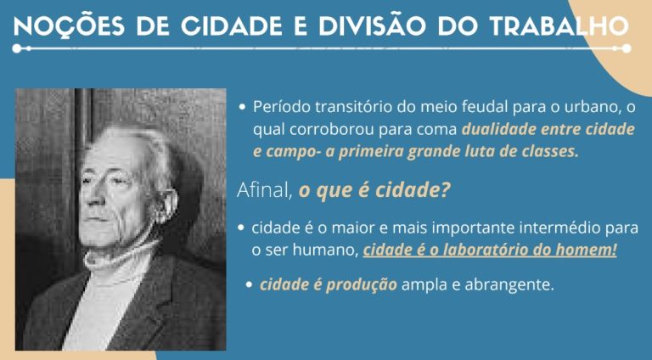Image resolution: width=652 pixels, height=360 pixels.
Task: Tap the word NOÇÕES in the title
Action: [69, 26]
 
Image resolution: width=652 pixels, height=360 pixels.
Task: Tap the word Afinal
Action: [265, 190]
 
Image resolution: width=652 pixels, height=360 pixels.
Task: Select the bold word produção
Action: [362, 284]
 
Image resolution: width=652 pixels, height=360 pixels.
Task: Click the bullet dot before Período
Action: [243, 107]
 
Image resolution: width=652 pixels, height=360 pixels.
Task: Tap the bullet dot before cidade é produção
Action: [249, 284]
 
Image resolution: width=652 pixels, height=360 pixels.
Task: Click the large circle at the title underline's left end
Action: [17, 48]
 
